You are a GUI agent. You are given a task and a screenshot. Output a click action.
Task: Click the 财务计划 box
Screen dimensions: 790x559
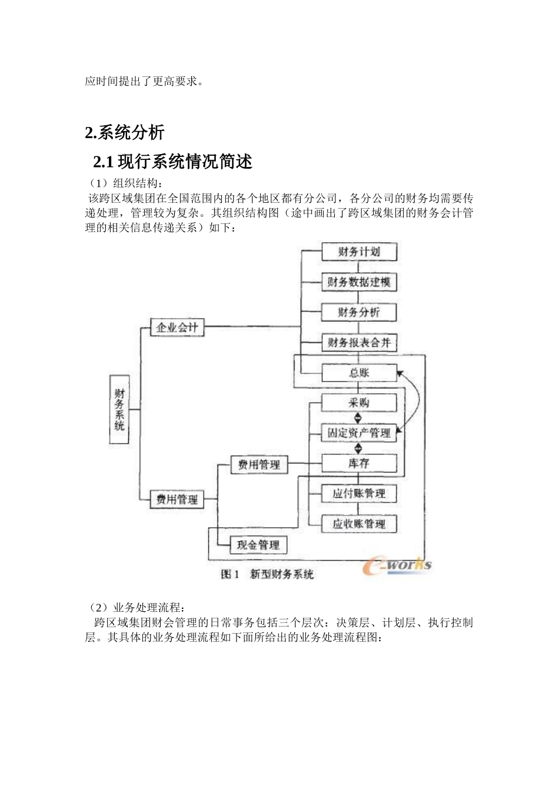click(x=359, y=252)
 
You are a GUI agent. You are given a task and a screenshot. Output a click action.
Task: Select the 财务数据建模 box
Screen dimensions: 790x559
click(x=359, y=282)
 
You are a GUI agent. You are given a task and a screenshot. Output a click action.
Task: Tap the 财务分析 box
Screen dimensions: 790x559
click(x=359, y=312)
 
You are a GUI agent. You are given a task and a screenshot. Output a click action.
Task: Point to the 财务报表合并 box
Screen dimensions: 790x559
click(x=359, y=343)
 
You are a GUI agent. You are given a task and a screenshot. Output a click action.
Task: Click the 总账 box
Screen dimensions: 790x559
click(x=359, y=373)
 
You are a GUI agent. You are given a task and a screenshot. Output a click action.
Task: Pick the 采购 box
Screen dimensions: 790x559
click(x=359, y=403)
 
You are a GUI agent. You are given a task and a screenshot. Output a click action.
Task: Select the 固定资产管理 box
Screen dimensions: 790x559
click(x=359, y=433)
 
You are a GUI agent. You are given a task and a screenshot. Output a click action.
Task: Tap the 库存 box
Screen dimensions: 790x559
click(x=359, y=463)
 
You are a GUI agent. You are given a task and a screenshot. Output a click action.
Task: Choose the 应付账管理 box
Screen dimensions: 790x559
click(x=359, y=493)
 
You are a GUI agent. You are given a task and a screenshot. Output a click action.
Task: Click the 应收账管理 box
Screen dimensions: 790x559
click(x=359, y=524)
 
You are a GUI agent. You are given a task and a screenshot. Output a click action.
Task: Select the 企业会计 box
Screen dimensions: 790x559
click(x=177, y=327)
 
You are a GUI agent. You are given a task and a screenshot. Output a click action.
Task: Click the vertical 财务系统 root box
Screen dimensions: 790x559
click(x=119, y=409)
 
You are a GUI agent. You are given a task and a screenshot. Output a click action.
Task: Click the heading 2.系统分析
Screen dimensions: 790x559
click(x=125, y=133)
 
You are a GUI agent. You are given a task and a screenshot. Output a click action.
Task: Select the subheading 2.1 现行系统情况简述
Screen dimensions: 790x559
click(x=173, y=161)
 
